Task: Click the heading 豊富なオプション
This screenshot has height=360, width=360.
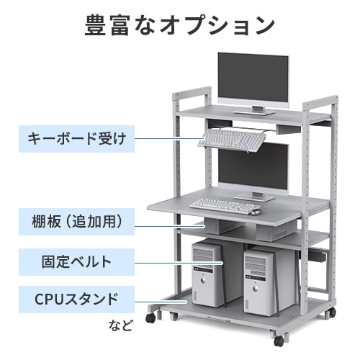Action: click(x=180, y=25)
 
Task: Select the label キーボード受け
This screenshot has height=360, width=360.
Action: click(x=77, y=139)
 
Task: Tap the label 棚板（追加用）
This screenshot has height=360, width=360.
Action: click(x=77, y=222)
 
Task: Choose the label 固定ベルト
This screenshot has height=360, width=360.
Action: click(x=77, y=262)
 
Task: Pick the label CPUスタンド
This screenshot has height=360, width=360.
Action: click(x=77, y=300)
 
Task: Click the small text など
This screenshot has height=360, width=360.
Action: click(x=120, y=325)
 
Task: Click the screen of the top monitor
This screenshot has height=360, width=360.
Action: click(x=253, y=78)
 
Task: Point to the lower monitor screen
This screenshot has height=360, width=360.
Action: click(x=253, y=167)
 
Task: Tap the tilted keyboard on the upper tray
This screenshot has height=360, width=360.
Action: click(x=232, y=140)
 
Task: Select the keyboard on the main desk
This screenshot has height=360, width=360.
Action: click(x=225, y=206)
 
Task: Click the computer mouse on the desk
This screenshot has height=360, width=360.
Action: click(x=256, y=212)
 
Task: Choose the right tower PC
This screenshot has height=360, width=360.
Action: click(x=261, y=282)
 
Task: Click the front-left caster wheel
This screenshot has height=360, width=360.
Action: click(x=150, y=318)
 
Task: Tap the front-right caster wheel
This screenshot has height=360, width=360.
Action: click(x=279, y=341)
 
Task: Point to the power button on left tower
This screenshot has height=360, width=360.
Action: click(x=204, y=280)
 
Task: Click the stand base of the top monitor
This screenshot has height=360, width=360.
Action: click(x=254, y=112)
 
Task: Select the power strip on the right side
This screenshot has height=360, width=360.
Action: click(x=318, y=256)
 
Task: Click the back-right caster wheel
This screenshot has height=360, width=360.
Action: click(x=332, y=312)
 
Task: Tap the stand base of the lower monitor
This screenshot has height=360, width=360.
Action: click(x=254, y=198)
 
